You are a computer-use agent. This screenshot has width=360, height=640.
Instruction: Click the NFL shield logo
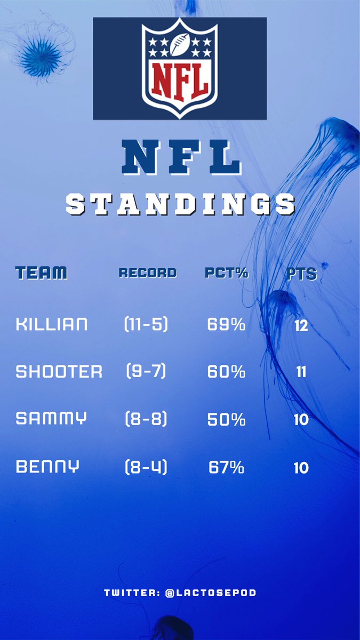click(180, 68)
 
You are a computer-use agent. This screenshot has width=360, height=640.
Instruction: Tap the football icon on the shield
click(180, 43)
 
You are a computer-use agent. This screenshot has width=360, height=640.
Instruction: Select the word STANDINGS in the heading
click(180, 204)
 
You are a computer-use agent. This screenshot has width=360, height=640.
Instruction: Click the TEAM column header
click(42, 273)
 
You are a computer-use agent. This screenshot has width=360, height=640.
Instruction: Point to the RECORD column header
click(147, 273)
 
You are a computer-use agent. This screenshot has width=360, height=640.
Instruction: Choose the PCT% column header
click(226, 273)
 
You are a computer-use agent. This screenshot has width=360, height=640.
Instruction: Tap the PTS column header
click(301, 274)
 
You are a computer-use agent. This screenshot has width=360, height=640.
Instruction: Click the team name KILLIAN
click(52, 324)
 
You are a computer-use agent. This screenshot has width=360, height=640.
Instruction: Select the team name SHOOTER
click(59, 372)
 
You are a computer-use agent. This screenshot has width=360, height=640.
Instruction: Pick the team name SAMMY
click(51, 419)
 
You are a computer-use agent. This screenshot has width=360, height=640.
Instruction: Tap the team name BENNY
click(47, 467)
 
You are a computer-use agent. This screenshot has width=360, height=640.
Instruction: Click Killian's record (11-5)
click(146, 324)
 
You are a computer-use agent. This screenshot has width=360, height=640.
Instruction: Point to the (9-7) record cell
click(146, 372)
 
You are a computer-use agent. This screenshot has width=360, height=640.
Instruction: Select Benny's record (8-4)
click(146, 468)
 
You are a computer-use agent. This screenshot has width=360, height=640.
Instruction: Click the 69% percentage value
click(226, 324)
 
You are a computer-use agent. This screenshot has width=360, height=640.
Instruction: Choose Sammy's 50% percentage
click(226, 420)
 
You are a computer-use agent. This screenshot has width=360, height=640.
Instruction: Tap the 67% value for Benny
click(226, 468)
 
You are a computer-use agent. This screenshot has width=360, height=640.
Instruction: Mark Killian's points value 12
click(301, 325)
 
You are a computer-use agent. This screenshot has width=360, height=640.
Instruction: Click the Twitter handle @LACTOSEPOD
click(211, 593)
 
